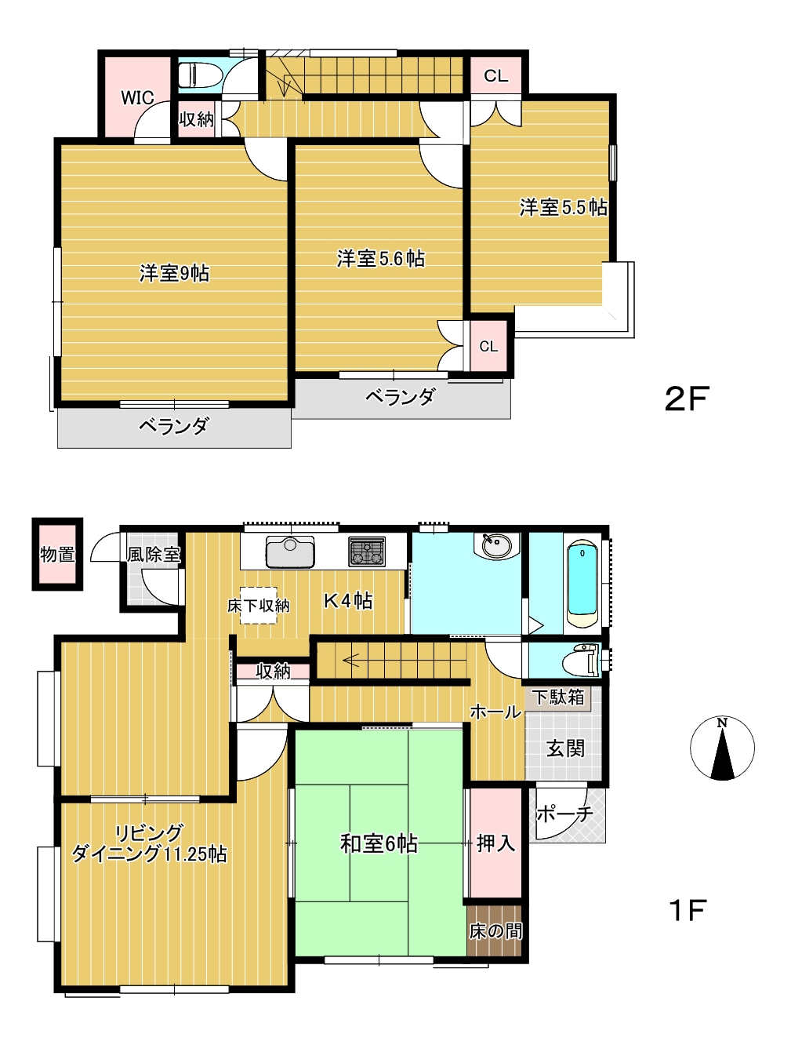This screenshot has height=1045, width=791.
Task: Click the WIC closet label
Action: [x=137, y=98]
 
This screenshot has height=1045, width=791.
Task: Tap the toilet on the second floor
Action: [x=199, y=75]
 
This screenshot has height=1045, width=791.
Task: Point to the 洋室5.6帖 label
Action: [x=380, y=259]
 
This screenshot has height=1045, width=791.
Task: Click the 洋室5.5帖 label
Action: [x=563, y=208]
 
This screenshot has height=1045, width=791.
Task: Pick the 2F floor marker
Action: [x=687, y=399]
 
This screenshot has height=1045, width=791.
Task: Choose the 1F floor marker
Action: [x=688, y=910]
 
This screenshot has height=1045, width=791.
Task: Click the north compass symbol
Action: [x=722, y=748]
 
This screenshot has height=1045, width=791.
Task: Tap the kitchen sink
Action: [x=290, y=552]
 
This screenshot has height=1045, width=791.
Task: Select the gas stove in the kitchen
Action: [x=367, y=552]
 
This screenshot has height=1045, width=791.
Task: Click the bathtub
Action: [x=582, y=584]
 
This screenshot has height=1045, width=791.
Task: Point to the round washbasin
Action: [x=496, y=545]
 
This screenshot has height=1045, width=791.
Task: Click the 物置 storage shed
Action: [x=57, y=554]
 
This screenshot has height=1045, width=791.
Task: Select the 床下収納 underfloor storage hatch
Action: [x=258, y=605]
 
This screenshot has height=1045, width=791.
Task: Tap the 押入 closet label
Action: [x=495, y=843]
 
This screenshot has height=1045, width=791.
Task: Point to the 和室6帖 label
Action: [x=379, y=844]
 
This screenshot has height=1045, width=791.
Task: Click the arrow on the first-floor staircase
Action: [x=350, y=660]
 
